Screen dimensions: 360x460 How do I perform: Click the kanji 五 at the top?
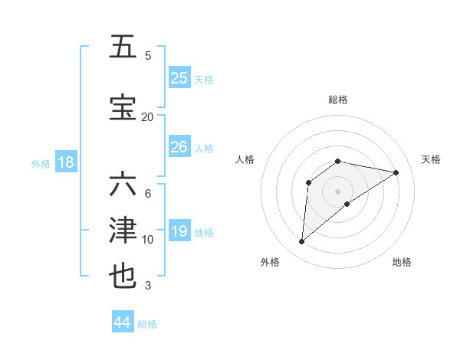123,47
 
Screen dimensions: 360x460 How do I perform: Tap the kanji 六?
123,186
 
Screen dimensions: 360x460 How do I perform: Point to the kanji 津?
123,231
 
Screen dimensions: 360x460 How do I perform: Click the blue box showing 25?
179,78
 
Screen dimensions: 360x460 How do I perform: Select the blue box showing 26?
179,147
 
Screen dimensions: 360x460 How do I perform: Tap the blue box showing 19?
179,231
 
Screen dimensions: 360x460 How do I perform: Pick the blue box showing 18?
64,162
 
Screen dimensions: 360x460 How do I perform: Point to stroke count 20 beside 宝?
147,116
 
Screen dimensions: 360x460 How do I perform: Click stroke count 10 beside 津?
147,240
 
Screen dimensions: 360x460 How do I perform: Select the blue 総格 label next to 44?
147,324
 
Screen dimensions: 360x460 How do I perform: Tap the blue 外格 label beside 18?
40,164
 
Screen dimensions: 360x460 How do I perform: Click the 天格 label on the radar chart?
431,159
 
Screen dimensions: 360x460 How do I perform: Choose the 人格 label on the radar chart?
245,159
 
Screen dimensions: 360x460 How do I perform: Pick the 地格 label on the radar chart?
402,262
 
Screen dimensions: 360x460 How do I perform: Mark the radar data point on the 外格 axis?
301,242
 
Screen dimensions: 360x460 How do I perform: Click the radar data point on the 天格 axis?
396,172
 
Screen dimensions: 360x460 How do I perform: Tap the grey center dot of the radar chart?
337,191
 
